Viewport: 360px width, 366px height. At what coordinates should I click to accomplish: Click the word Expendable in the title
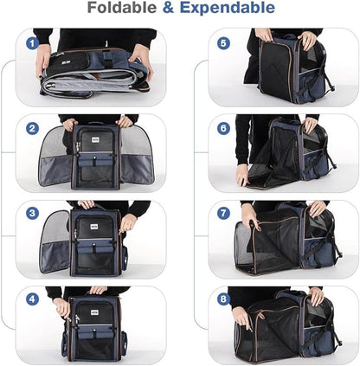(x=228, y=10)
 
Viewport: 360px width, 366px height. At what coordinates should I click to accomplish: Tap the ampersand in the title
(x=170, y=10)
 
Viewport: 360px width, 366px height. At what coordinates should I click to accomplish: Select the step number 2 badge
(x=31, y=129)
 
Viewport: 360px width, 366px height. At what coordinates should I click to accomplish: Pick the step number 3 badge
(x=31, y=214)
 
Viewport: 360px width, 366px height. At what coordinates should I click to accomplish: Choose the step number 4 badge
(x=31, y=300)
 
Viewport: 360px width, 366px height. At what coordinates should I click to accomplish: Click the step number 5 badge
(x=223, y=42)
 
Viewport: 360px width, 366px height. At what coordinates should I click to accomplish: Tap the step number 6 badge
(x=223, y=127)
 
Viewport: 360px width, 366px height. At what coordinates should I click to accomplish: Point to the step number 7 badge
(x=223, y=214)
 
